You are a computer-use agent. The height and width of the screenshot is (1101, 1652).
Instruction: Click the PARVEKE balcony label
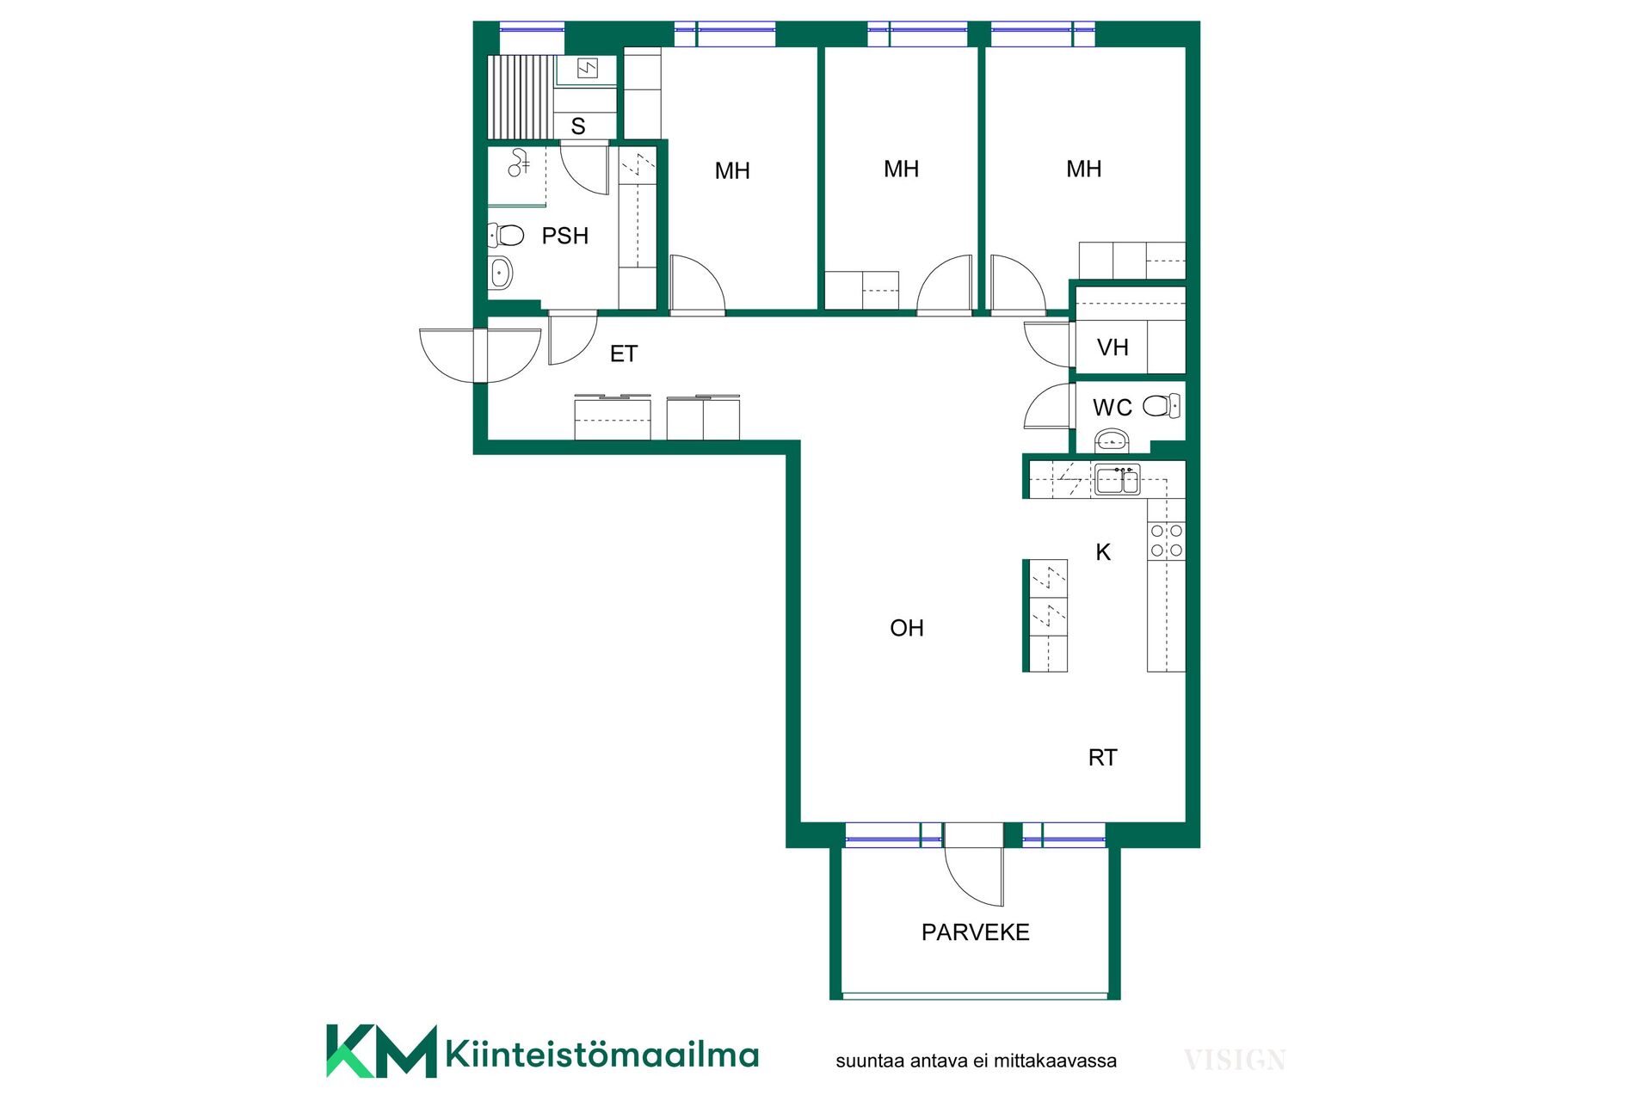click(x=975, y=932)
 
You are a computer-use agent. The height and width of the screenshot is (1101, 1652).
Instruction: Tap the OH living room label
click(x=907, y=629)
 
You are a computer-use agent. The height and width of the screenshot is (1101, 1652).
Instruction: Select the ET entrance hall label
click(x=624, y=354)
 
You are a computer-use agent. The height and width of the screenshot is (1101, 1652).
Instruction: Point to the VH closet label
click(x=1113, y=348)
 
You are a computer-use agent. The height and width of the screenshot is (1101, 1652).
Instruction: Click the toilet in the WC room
click(x=1162, y=406)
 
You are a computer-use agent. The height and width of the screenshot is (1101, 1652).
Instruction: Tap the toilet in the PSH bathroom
click(x=506, y=235)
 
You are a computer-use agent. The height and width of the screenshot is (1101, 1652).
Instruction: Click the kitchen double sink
click(x=1118, y=480)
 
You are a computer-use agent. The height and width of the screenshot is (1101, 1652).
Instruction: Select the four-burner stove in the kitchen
click(x=1167, y=540)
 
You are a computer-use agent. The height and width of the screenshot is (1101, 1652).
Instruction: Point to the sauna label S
click(x=578, y=126)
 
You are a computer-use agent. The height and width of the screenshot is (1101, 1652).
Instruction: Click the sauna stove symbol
click(x=588, y=68)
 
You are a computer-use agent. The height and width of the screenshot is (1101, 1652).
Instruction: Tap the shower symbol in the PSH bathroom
click(x=518, y=163)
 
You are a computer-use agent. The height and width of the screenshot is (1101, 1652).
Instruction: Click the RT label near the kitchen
click(x=1102, y=758)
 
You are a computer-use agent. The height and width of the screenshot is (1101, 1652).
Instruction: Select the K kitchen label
click(x=1103, y=552)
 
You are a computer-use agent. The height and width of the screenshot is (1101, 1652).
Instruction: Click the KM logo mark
click(x=381, y=1050)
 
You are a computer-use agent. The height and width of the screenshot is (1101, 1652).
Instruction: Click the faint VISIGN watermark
click(x=1235, y=1061)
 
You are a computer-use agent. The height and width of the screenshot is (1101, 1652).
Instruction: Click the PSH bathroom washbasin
click(x=500, y=274)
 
